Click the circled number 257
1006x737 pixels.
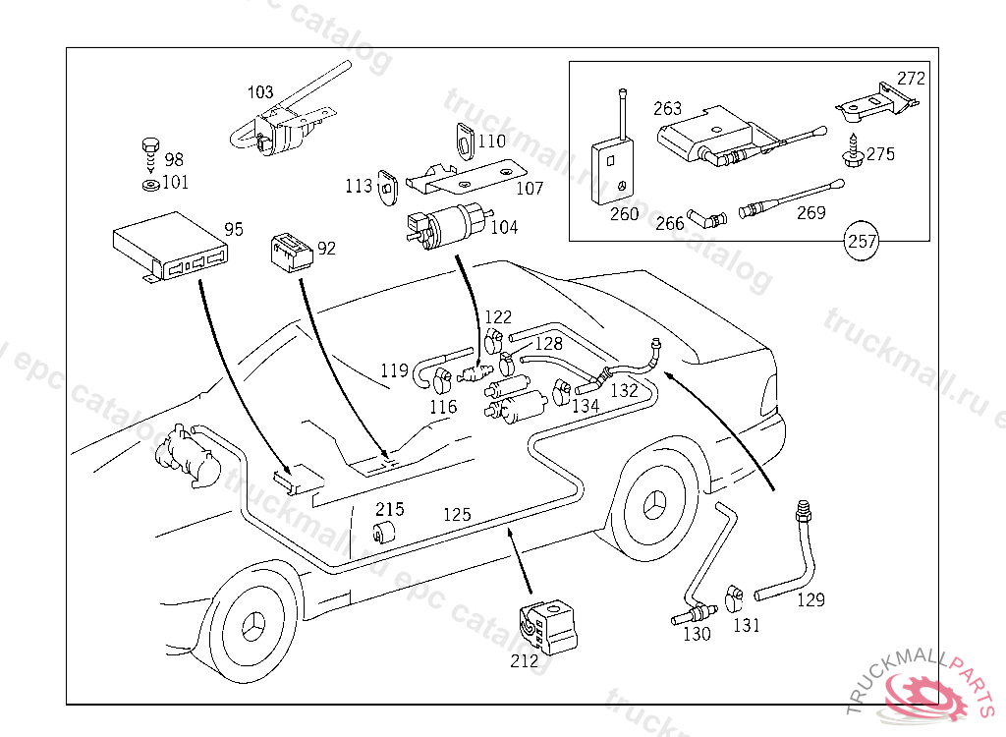[x=863, y=241]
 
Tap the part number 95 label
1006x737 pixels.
[x=234, y=230]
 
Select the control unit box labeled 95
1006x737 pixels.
[x=169, y=247]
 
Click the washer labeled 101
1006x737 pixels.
[x=149, y=184]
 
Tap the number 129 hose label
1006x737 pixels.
[x=810, y=598]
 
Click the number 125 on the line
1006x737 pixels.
[x=457, y=514]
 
